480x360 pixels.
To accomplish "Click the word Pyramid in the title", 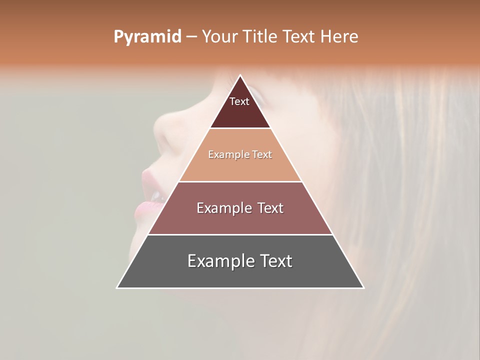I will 147,37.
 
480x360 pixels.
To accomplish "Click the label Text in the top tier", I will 239,101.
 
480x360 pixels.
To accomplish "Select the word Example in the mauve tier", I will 219,208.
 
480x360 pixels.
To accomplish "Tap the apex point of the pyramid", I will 240,75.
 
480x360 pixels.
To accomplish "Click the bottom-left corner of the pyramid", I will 117,287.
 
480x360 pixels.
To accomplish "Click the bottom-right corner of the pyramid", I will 363,287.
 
